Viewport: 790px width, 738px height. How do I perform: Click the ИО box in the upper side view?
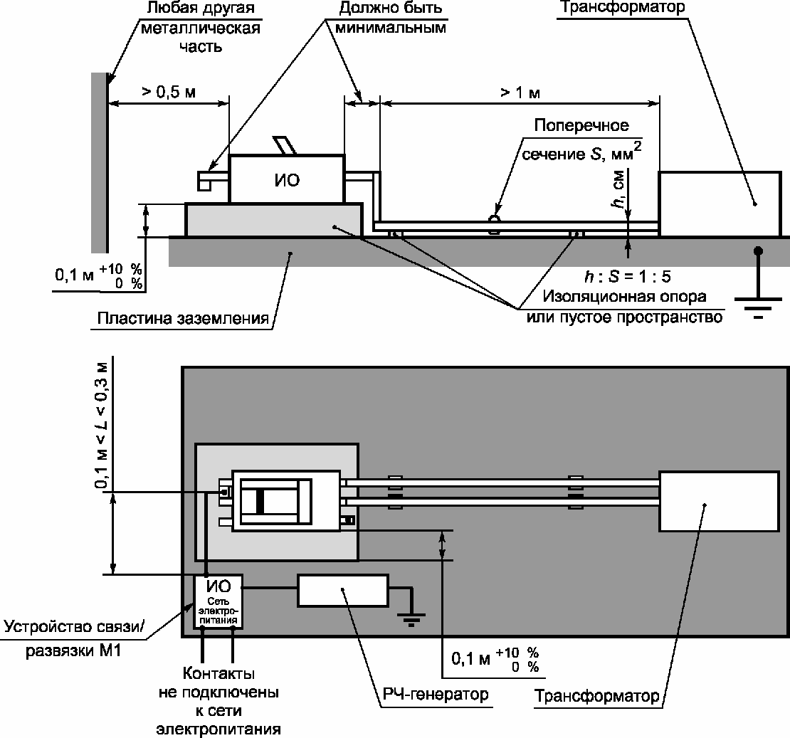tap(287, 179)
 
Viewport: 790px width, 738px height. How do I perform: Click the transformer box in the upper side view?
tap(720, 204)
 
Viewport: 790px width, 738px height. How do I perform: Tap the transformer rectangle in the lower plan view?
tap(719, 501)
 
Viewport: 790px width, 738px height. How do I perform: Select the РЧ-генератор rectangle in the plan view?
tap(342, 591)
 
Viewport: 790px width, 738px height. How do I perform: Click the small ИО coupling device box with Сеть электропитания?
tap(218, 601)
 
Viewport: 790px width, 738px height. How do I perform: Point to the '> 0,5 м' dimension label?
tap(168, 93)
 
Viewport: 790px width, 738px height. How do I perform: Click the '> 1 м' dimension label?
tap(520, 93)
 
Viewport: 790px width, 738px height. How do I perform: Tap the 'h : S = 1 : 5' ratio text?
tap(627, 276)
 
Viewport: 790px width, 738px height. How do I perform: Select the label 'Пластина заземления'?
tap(183, 318)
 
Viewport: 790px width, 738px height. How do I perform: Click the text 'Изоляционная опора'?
tap(624, 296)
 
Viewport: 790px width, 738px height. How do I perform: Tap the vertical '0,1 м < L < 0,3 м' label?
tap(102, 426)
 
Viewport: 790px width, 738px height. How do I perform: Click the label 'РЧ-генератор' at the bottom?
tap(436, 694)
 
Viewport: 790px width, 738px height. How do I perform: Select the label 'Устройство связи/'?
tap(74, 627)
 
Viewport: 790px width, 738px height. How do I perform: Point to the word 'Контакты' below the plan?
tap(218, 673)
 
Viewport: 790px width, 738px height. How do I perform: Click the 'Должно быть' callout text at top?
tap(391, 8)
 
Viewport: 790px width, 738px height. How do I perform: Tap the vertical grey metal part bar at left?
tap(99, 162)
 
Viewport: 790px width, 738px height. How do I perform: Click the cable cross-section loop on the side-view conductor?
tap(495, 224)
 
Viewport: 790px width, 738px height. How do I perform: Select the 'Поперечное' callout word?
tap(581, 125)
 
